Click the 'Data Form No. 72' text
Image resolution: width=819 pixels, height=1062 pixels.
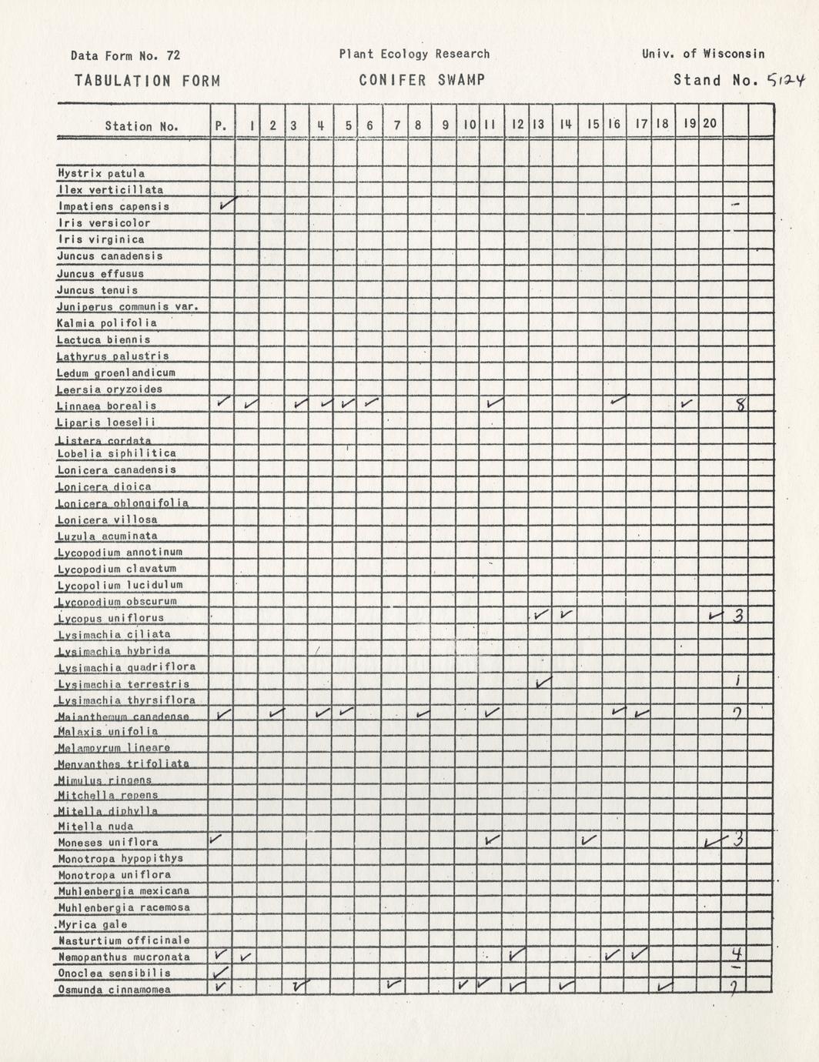tap(125, 55)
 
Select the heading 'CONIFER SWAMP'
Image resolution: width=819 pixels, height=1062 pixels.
tap(422, 80)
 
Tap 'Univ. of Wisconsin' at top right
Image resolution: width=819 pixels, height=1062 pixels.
tap(703, 54)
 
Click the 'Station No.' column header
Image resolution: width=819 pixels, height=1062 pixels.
tap(142, 126)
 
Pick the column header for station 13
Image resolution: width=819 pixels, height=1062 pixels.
tap(538, 124)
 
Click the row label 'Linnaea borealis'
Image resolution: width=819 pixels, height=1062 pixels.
tap(107, 406)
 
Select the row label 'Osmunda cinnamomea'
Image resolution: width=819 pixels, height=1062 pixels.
tap(114, 990)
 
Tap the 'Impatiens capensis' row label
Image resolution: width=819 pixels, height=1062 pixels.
tap(113, 206)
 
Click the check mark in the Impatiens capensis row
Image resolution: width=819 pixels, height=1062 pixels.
tap(227, 204)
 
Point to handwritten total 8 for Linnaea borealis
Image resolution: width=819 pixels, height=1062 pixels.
tap(739, 405)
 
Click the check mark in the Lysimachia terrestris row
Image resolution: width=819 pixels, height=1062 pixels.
tap(543, 682)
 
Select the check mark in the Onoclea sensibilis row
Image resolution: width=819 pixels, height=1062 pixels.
tap(221, 972)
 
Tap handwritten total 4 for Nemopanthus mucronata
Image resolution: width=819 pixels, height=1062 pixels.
tap(736, 954)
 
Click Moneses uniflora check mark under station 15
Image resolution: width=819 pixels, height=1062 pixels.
tap(590, 840)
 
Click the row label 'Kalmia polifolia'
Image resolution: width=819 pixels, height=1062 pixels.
tap(107, 323)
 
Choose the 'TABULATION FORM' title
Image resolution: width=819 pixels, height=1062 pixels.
tap(147, 81)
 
